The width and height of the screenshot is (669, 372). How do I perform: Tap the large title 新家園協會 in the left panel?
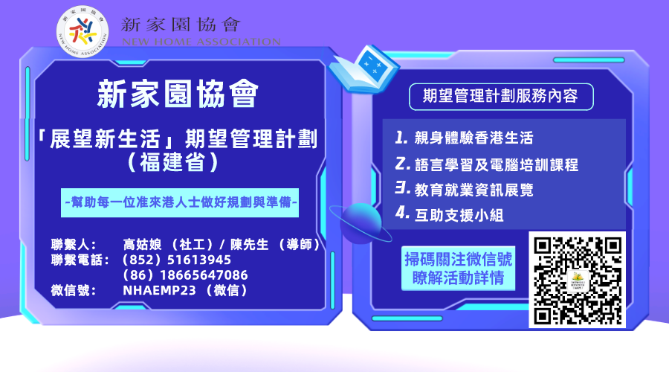click(x=178, y=94)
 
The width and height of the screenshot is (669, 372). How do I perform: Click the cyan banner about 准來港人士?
click(x=181, y=202)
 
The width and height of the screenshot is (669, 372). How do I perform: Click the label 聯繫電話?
click(x=80, y=260)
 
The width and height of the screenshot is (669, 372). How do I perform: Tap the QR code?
click(x=577, y=280)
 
